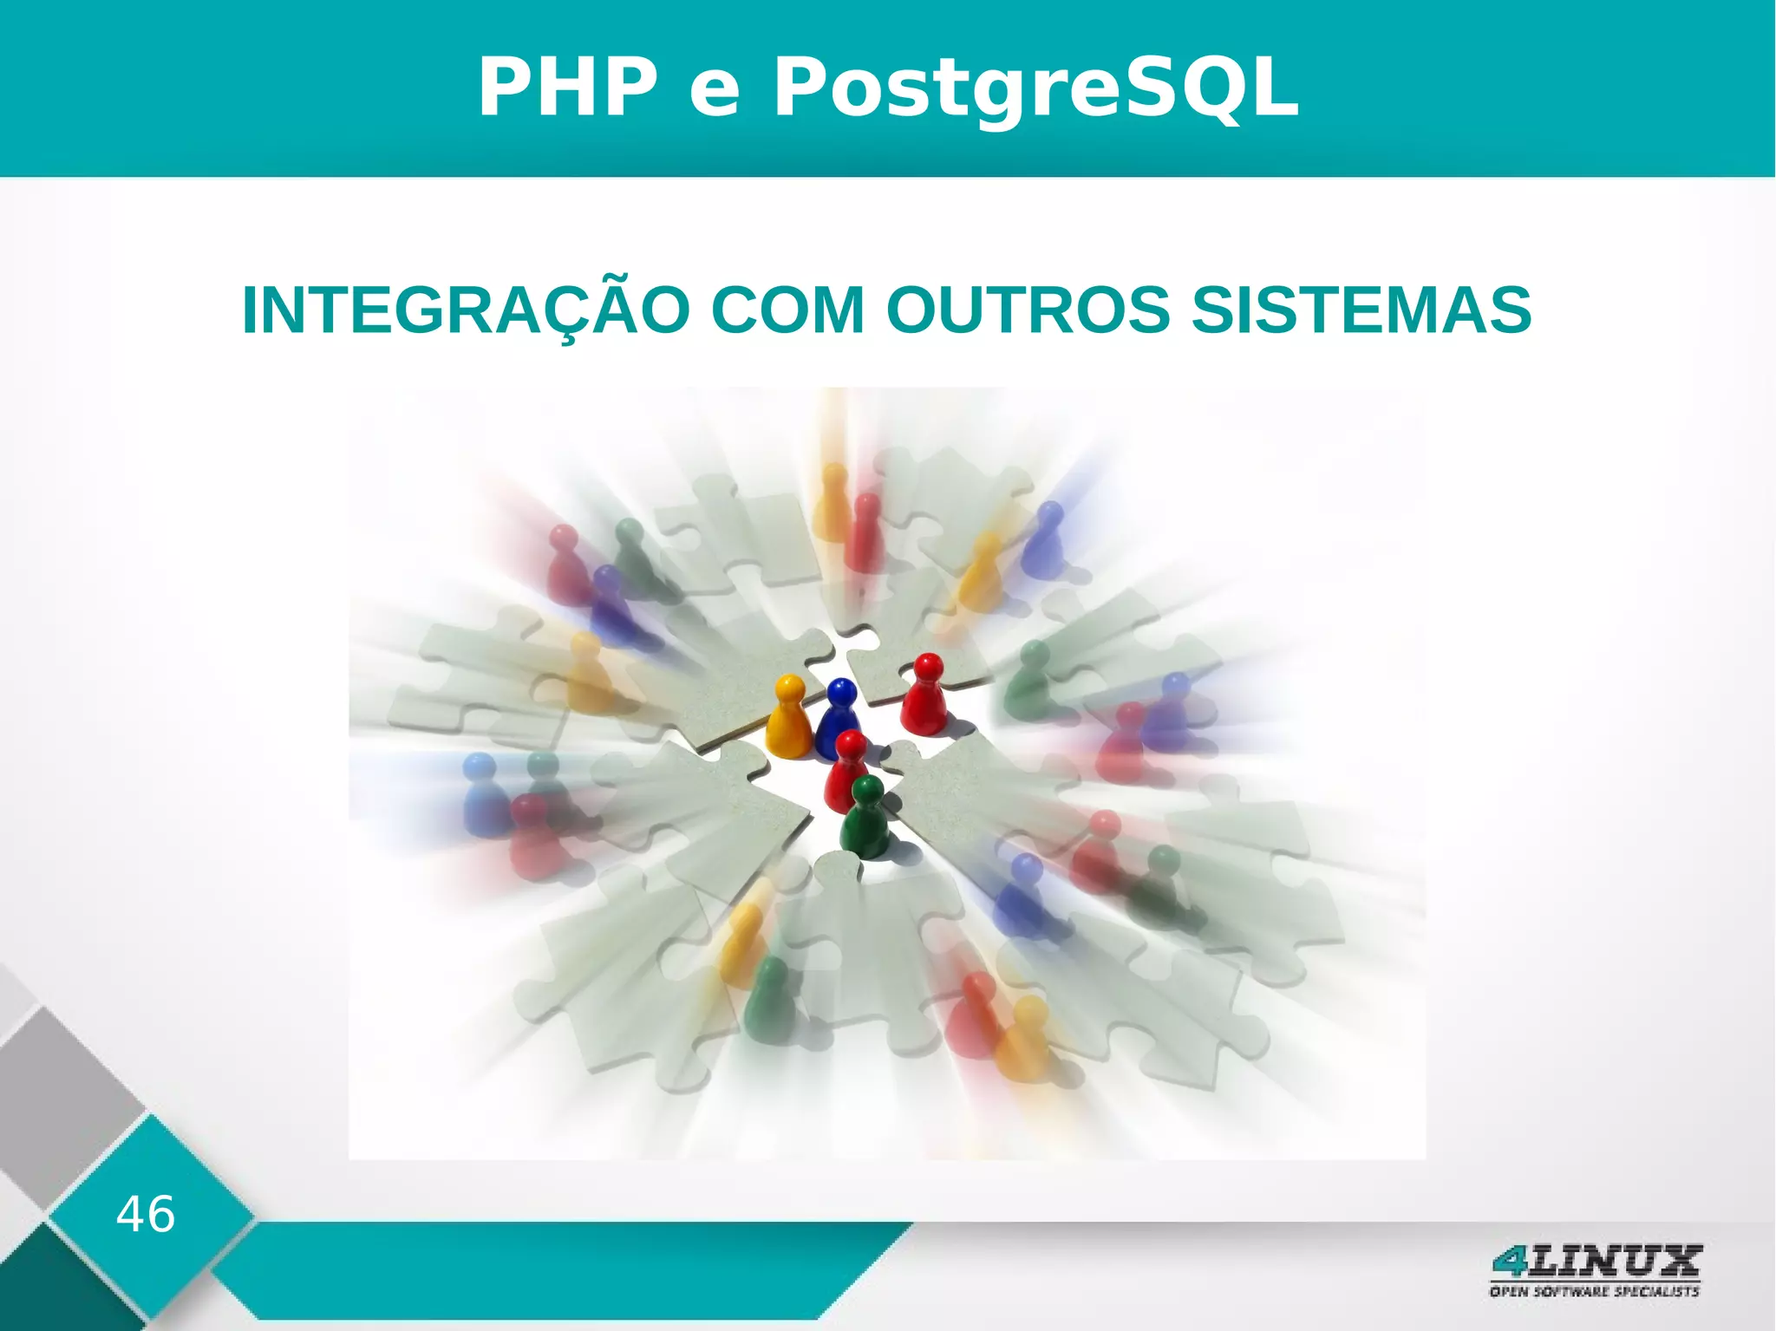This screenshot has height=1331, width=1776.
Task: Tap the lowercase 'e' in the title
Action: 715,94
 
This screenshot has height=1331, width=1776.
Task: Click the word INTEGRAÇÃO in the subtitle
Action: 467,310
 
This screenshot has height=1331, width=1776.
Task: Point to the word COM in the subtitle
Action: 787,310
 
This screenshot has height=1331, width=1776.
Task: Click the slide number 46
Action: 146,1214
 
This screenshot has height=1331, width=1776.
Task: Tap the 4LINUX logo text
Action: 1596,1261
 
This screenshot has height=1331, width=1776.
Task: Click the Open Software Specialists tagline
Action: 1594,1291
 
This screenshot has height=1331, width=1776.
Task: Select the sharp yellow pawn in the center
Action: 787,720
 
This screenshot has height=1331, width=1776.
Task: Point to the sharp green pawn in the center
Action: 865,819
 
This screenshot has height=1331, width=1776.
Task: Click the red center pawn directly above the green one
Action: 848,767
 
